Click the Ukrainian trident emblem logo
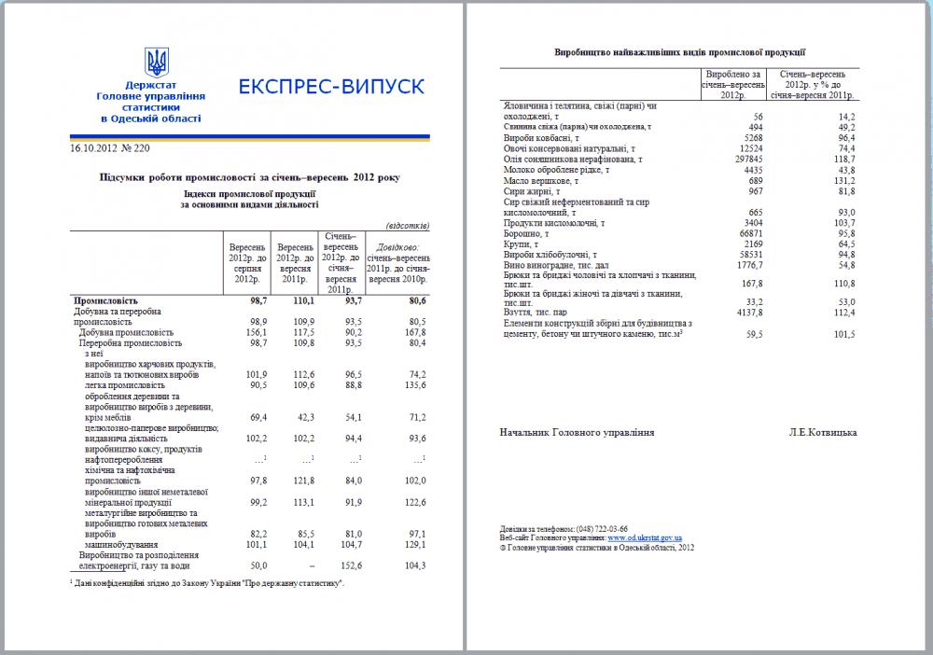pos(157,63)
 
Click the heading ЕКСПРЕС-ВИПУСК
pos(331,87)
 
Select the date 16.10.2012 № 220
pos(110,147)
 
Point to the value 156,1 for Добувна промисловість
pos(241,332)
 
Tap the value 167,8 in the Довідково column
pos(412,332)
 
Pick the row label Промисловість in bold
pos(105,301)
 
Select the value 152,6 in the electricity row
pos(348,565)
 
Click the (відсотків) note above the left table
pos(408,225)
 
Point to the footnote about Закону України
pos(206,583)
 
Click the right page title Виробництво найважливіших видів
pos(679,53)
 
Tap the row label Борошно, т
pos(528,233)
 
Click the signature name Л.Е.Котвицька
pos(822,432)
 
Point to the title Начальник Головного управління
pos(577,432)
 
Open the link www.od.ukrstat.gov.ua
pos(644,538)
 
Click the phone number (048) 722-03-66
pos(602,529)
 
